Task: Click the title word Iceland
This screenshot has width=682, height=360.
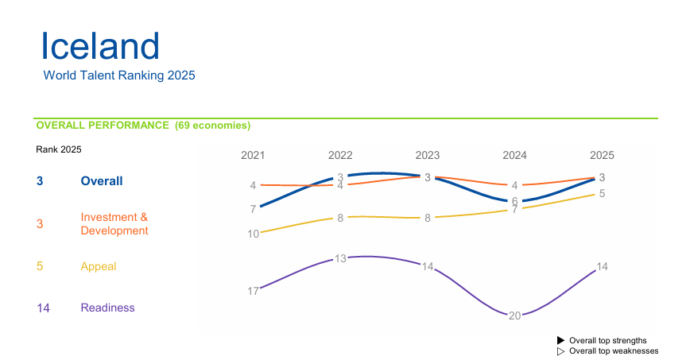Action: (100, 46)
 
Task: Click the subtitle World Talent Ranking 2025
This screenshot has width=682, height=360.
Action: (119, 75)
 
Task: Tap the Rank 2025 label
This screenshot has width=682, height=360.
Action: (59, 149)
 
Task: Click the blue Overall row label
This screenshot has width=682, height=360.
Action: (102, 181)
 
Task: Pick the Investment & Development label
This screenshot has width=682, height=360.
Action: (114, 224)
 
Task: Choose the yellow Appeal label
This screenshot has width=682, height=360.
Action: (99, 266)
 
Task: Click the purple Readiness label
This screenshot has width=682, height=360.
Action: (107, 308)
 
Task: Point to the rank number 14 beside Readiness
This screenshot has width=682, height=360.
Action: (44, 308)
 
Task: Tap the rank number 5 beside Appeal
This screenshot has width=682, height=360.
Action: (40, 266)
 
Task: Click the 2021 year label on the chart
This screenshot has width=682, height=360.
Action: (253, 155)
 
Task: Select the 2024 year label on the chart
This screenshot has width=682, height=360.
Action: (515, 155)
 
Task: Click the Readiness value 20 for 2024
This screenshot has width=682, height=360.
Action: (514, 315)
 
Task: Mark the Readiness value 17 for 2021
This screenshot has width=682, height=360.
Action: (253, 291)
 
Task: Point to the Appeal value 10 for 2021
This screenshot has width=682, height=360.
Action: (253, 234)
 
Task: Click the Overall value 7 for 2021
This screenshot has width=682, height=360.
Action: (253, 209)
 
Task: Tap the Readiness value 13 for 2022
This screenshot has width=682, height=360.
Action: (340, 258)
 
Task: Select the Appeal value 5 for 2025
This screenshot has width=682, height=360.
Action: (602, 193)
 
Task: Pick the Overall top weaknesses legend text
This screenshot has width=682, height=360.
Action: (614, 350)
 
